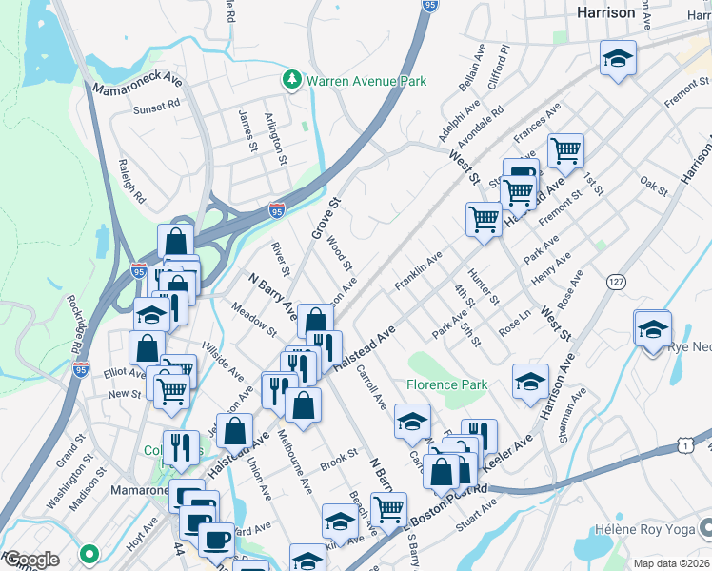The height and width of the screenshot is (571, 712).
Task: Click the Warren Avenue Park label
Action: (366, 82)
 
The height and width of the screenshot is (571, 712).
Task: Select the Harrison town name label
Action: (606, 12)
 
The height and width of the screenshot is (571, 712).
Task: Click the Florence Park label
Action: (446, 384)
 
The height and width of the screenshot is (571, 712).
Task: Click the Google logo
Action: (31, 560)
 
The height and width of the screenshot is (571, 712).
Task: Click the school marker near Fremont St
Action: (618, 59)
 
